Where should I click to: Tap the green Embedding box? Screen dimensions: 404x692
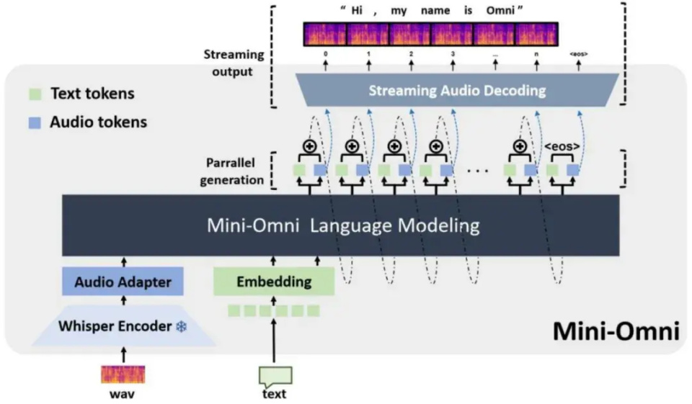click(274, 282)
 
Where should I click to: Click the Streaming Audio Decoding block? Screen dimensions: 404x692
click(457, 91)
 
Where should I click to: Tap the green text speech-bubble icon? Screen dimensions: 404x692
click(275, 375)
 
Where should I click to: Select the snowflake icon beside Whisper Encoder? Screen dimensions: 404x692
click(182, 326)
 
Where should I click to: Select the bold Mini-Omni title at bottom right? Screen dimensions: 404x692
click(616, 331)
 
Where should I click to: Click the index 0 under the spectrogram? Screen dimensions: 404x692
click(326, 54)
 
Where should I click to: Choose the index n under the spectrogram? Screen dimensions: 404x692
click(537, 54)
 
